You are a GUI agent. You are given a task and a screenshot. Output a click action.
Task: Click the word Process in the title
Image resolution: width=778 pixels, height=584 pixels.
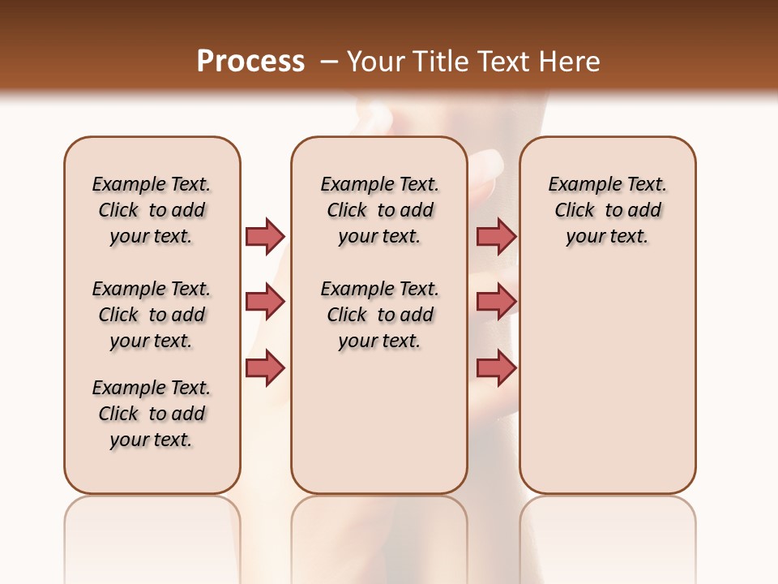(x=250, y=62)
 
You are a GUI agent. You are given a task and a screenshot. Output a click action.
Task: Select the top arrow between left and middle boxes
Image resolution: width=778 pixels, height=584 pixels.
(x=265, y=236)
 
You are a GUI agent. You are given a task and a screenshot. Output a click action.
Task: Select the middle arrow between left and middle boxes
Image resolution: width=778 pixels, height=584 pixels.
(x=265, y=302)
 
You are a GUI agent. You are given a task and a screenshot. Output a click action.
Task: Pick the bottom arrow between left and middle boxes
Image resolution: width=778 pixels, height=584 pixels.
(x=265, y=367)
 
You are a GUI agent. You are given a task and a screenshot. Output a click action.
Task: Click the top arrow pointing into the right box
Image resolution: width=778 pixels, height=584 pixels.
(x=496, y=236)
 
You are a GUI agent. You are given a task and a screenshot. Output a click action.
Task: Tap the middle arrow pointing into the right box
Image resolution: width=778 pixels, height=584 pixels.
(x=496, y=302)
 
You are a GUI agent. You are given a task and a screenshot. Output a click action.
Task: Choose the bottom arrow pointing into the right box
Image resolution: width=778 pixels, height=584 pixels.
(x=496, y=367)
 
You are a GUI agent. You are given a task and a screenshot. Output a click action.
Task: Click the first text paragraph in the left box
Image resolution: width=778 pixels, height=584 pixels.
(x=152, y=210)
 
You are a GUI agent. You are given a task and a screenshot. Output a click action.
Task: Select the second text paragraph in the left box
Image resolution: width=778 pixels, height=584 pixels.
(x=152, y=315)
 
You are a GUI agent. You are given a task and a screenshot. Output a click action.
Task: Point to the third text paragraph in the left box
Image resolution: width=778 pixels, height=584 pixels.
(x=152, y=414)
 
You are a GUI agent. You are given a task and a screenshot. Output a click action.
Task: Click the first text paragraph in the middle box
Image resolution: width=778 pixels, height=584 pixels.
(x=379, y=210)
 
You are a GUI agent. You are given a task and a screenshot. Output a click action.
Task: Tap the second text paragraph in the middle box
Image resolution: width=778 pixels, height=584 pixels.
(x=379, y=315)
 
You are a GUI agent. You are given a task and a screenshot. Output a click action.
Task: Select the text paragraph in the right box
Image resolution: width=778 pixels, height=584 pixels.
(x=607, y=210)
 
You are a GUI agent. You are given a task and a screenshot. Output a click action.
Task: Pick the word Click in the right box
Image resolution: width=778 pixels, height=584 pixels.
(x=575, y=211)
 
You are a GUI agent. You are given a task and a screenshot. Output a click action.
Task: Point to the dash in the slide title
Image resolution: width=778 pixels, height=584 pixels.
(x=329, y=62)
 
